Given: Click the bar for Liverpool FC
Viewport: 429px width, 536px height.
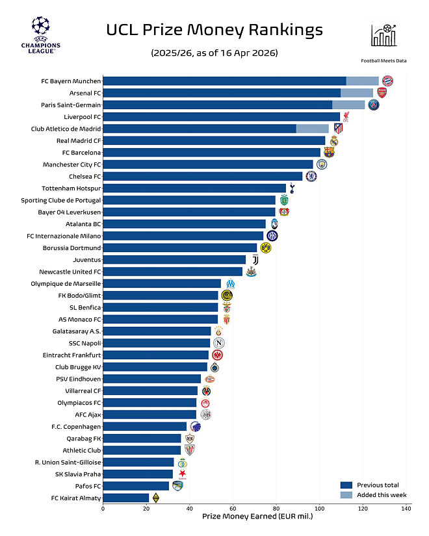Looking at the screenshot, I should click(221, 117).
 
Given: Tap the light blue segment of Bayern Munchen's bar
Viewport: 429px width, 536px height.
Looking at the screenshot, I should click(362, 81).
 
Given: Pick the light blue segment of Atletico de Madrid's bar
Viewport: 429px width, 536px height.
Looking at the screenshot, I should click(312, 129).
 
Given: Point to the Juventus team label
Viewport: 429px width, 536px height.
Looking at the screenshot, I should click(84, 260).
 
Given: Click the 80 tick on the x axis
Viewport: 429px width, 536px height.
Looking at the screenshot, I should click(276, 509).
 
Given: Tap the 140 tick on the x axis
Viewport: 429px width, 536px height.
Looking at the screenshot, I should click(406, 509).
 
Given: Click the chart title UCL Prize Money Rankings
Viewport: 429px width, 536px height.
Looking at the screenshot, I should click(214, 30).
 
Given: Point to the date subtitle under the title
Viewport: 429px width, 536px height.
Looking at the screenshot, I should click(214, 52).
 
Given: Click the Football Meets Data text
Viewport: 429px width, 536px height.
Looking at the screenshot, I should click(383, 60).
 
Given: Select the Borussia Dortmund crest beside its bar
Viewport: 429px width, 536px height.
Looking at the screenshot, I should click(265, 248).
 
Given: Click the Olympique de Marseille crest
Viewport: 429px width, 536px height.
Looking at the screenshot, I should click(230, 284).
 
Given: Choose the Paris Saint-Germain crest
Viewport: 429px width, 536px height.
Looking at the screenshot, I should click(373, 105).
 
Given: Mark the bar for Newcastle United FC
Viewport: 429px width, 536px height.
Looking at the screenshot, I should click(172, 272).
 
